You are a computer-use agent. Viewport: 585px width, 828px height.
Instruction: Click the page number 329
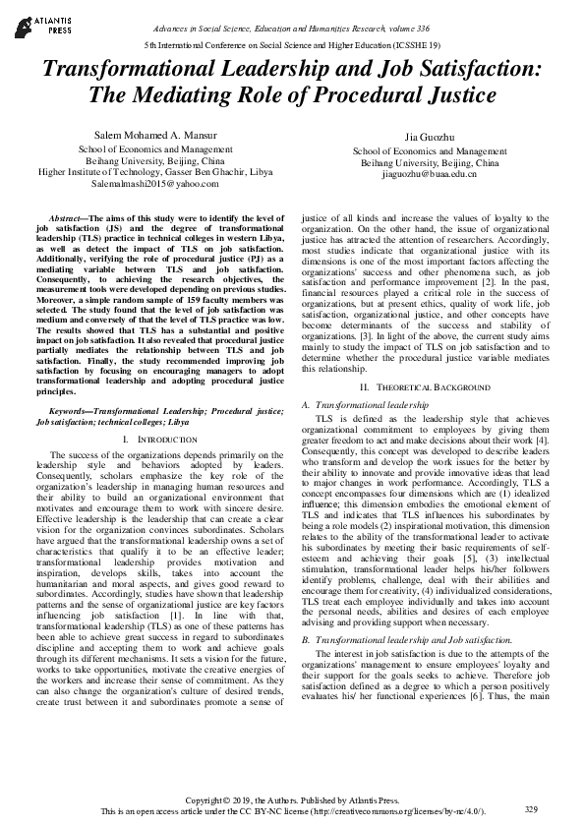tap(532, 809)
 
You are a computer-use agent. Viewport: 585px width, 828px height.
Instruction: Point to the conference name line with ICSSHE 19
tap(292, 46)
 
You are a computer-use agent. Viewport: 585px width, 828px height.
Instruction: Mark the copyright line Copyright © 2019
tap(293, 801)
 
